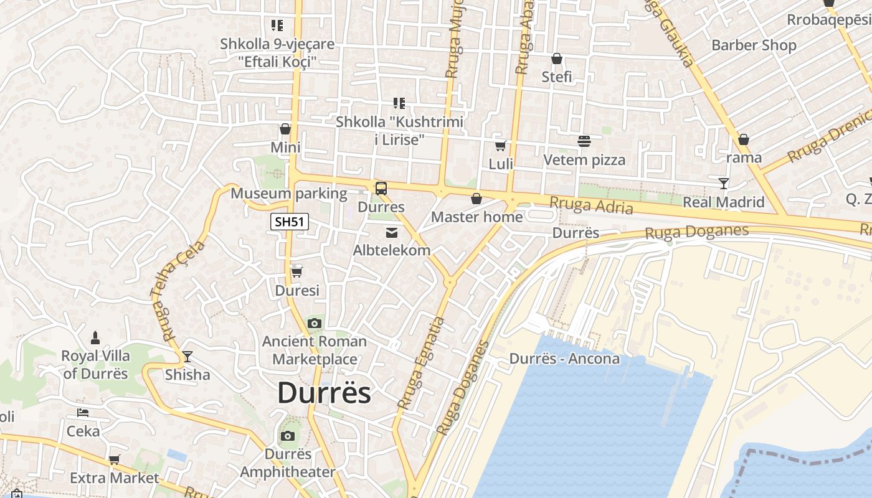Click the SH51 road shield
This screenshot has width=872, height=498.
(290, 222)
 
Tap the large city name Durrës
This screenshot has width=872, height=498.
(324, 393)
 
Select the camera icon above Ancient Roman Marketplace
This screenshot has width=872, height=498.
(315, 323)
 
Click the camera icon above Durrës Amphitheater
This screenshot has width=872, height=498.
(287, 436)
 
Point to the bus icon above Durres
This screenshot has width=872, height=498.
(381, 188)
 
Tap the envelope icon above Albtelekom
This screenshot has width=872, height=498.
(391, 233)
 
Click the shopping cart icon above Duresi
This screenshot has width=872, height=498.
(296, 272)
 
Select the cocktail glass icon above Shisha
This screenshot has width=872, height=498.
(187, 357)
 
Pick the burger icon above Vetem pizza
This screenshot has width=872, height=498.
(584, 141)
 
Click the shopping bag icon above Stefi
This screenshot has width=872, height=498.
(557, 59)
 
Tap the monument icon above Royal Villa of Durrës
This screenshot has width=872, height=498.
(95, 338)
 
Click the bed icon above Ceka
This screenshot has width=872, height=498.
(82, 413)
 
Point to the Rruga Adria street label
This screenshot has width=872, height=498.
(591, 205)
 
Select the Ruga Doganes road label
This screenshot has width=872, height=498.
(696, 232)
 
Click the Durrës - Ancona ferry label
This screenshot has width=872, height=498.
(564, 359)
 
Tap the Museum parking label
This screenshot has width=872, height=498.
(289, 194)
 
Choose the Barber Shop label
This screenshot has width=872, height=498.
(754, 45)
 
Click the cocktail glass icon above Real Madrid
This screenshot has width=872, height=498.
(724, 184)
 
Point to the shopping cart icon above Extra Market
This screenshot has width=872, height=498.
(114, 460)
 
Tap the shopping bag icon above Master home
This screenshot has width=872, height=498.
(476, 199)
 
